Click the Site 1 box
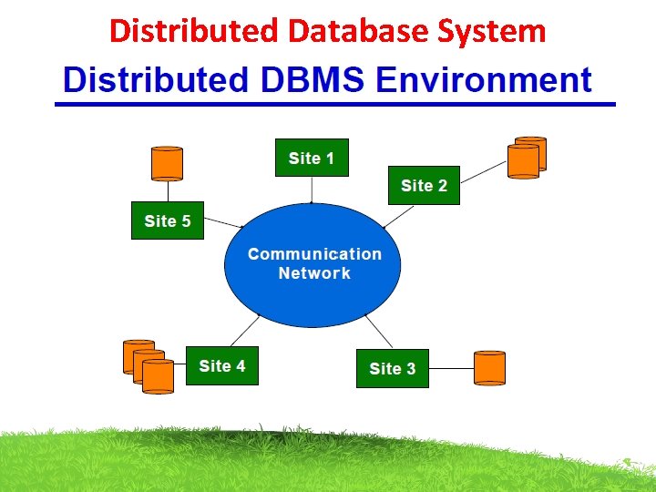click(312, 158)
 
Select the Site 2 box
click(424, 185)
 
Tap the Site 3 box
click(392, 368)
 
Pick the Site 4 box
click(221, 365)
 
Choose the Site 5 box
click(168, 220)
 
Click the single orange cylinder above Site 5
click(167, 163)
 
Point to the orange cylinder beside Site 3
click(489, 367)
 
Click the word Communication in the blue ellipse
click(314, 254)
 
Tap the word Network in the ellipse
click(314, 273)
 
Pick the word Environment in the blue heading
click(485, 80)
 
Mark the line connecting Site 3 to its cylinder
click(451, 368)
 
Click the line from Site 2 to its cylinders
click(484, 174)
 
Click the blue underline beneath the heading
click(335, 105)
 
